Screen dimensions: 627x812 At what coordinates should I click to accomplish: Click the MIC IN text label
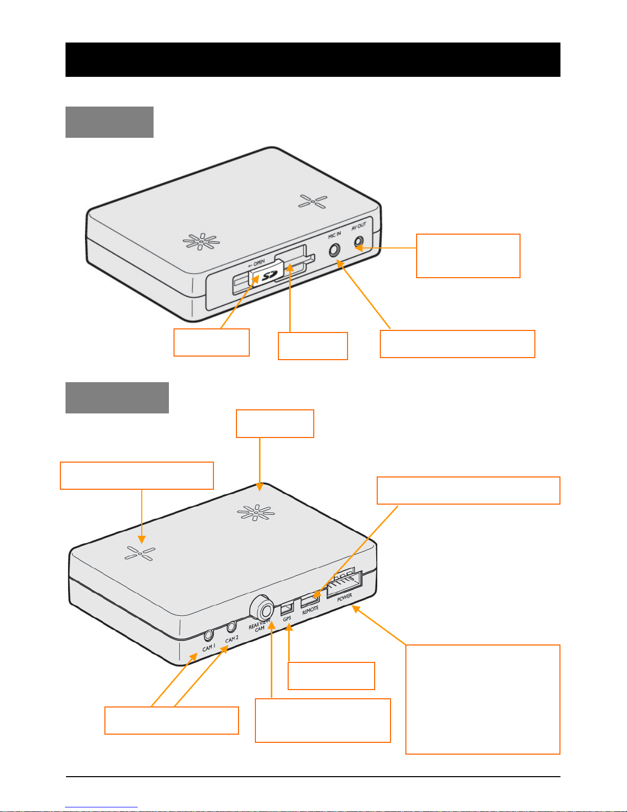click(x=334, y=235)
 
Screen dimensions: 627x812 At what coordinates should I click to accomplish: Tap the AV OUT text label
click(x=359, y=226)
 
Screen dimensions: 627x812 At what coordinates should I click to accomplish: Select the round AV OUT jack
click(x=359, y=242)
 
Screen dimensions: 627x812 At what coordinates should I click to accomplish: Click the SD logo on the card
click(x=268, y=276)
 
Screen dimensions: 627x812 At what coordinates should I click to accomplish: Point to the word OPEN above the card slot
click(x=259, y=263)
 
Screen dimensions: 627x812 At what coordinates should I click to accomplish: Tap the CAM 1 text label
click(x=209, y=647)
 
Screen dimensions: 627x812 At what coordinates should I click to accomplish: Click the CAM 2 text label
click(x=232, y=639)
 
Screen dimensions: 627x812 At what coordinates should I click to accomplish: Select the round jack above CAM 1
click(x=209, y=635)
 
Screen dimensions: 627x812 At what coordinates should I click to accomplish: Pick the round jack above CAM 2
click(x=232, y=626)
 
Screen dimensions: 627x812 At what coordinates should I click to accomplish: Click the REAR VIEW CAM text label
click(x=259, y=626)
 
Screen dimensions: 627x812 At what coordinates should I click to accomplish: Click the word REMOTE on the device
click(x=310, y=610)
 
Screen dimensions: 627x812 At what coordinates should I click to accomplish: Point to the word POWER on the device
click(x=344, y=597)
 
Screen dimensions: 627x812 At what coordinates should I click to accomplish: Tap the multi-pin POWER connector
click(x=344, y=582)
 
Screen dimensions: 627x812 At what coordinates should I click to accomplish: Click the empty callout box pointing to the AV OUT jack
click(x=468, y=256)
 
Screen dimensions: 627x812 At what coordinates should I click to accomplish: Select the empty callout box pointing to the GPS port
click(x=331, y=676)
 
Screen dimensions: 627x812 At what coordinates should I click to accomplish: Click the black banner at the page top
click(x=313, y=60)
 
